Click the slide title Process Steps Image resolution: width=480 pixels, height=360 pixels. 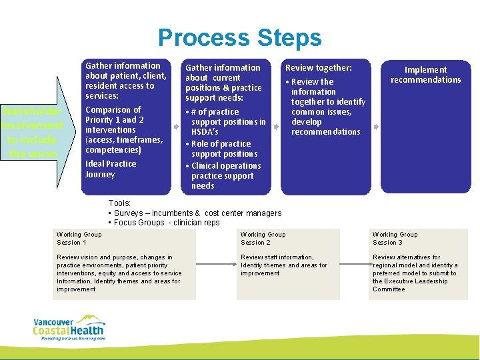coord(239,37)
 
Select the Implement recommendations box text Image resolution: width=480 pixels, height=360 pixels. coord(425,75)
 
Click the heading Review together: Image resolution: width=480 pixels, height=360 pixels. coord(318,67)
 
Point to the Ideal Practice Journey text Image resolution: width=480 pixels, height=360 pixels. coord(110,169)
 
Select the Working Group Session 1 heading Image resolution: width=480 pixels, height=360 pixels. coord(79,238)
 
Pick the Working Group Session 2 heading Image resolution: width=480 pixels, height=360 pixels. coord(263,238)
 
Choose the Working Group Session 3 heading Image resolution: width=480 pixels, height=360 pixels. coord(395,238)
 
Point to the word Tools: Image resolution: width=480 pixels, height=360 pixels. coord(119,203)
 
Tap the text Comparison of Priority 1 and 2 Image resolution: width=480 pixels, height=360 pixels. coord(113,115)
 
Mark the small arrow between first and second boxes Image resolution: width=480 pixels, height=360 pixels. coord(177,125)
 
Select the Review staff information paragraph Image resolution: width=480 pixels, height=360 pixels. coord(283,265)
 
